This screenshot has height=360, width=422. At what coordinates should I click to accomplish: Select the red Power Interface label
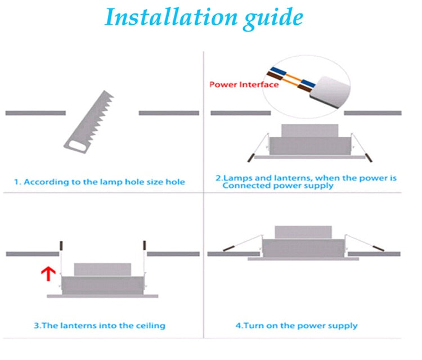[244, 84]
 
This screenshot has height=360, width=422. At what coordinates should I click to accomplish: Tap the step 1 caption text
[99, 182]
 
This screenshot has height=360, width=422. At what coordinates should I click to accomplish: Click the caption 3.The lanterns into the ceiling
[100, 325]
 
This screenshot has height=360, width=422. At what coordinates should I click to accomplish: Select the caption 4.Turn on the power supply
[297, 325]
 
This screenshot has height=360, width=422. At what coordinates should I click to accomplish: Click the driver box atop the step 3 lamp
[102, 269]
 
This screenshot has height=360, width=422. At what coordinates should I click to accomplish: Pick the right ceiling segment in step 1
[168, 113]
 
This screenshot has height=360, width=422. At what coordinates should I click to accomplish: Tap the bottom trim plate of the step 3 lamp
[102, 295]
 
